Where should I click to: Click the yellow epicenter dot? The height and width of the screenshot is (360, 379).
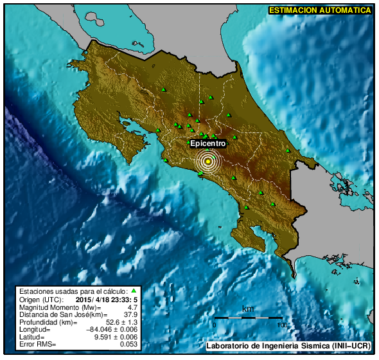pos(208,161)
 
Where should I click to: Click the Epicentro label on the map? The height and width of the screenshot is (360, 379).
pos(207,144)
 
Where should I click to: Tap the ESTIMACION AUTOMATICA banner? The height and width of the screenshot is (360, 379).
pos(319,10)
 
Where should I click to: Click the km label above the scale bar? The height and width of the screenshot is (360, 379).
pos(247,309)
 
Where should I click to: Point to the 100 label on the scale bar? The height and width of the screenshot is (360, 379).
pos(281,325)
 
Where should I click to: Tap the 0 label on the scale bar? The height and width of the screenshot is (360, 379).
pos(215,325)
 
